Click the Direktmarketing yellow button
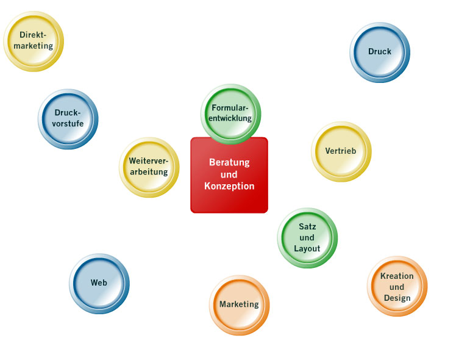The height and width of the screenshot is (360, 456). pos(34,41)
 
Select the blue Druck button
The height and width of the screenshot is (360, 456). pos(380,52)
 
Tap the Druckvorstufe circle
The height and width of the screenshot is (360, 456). pos(68,118)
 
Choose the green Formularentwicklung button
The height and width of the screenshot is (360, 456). pos(230,113)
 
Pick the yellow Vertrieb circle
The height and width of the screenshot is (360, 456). pos(341,151)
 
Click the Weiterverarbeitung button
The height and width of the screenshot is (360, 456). pos(149,167)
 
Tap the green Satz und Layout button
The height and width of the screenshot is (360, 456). pos(307,238)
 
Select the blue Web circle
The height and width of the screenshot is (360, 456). pos(99,283)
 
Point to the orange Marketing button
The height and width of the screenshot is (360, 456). pos(239,304)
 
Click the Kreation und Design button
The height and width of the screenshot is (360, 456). pos(397,287)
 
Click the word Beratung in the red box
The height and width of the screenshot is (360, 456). pos(229,163)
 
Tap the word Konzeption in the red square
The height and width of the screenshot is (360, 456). pos(229,187)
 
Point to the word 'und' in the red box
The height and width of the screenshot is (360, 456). pos(229,175)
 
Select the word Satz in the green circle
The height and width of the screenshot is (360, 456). pos(307,226)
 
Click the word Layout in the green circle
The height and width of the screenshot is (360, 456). pos(307,249)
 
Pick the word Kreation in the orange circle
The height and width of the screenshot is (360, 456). pos(397,276)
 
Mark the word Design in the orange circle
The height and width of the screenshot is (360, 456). pos(397,298)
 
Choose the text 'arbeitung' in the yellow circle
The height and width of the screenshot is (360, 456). pos(149,172)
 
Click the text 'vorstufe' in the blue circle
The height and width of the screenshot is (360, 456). pos(68,124)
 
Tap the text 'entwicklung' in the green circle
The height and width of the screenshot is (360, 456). pos(230,119)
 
